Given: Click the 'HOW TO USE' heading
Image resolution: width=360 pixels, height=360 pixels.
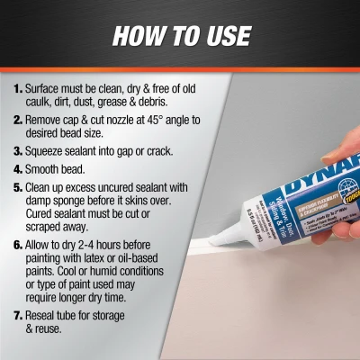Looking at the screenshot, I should coord(180,36).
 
